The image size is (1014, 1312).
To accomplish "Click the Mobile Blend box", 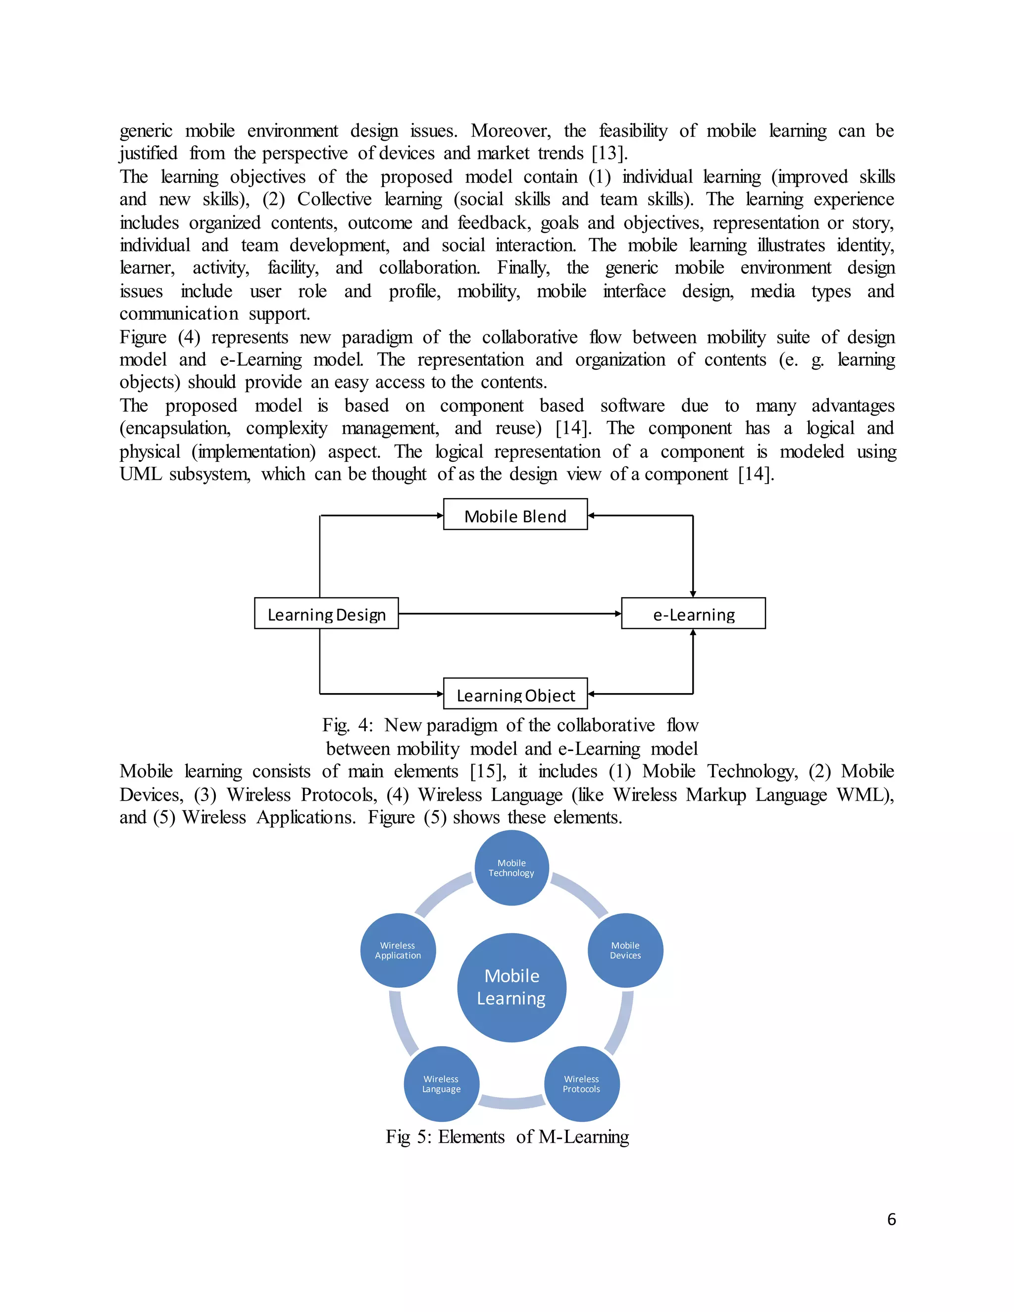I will (515, 515).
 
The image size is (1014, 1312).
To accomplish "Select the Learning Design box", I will (326, 613).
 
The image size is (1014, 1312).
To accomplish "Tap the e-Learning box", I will (693, 613).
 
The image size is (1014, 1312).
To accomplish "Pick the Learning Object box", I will (515, 694).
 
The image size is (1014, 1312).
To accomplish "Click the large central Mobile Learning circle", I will (511, 987).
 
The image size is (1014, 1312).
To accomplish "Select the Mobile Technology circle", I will (511, 868).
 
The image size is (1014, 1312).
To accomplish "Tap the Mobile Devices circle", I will (625, 951).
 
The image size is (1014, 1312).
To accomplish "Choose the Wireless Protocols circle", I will (581, 1084).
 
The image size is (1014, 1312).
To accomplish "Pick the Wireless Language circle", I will (441, 1084).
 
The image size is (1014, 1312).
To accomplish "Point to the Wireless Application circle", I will (398, 951).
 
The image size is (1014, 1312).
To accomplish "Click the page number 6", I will (891, 1219).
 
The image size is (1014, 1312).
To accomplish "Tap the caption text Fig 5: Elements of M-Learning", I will (507, 1137).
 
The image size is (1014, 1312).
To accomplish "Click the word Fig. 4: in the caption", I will (347, 725).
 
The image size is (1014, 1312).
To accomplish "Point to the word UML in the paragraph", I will (141, 474).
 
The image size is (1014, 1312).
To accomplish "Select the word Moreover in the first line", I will (510, 131).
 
